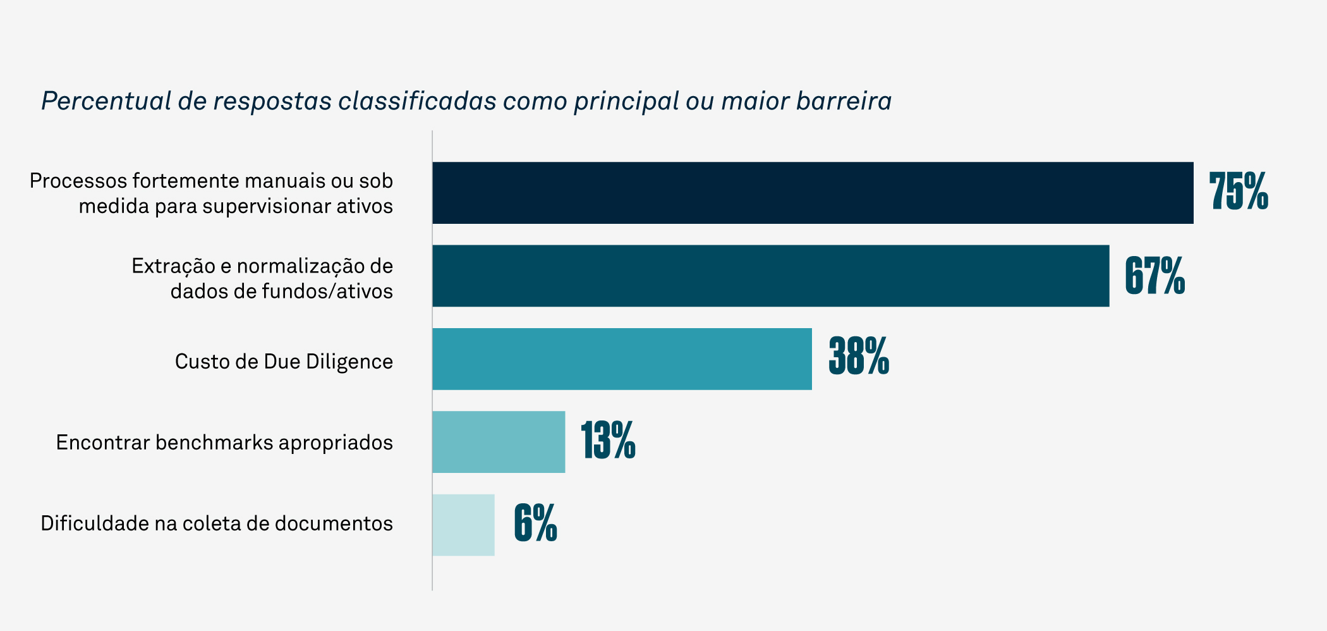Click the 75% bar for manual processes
(x=813, y=193)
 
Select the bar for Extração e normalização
(x=771, y=276)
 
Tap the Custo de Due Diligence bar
(x=622, y=358)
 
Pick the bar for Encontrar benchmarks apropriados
(x=499, y=442)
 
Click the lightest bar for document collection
(x=463, y=525)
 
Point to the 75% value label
(x=1239, y=192)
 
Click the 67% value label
(x=1154, y=276)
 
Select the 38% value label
(x=859, y=357)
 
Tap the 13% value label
(x=608, y=440)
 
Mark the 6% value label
(x=535, y=523)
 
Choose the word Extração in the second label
(x=173, y=266)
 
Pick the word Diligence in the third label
(x=349, y=362)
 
